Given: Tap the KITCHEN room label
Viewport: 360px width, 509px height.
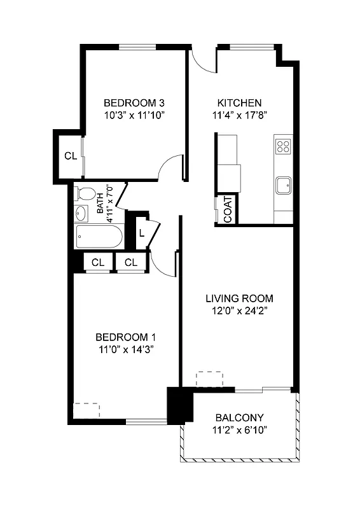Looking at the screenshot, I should click(239, 102).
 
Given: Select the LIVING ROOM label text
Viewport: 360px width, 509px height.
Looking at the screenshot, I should click(239, 298).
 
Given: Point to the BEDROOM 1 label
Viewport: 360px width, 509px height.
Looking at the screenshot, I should click(126, 337).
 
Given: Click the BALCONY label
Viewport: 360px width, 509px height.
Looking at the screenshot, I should click(240, 418).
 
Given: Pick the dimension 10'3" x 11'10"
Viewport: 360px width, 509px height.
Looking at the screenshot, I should click(135, 115).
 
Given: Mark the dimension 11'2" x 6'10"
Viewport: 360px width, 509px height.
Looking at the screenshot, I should click(240, 430).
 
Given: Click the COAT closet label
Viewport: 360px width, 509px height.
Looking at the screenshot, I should click(228, 209).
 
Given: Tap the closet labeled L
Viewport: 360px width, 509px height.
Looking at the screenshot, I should click(141, 233).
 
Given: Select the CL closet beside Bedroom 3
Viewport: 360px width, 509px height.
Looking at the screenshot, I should click(71, 156).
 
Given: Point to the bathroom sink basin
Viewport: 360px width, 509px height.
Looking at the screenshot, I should click(83, 212).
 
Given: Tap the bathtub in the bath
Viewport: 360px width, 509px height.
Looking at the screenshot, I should click(99, 238).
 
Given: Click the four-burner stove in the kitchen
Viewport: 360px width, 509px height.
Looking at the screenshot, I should click(283, 147).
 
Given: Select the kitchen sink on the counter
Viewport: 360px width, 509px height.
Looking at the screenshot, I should click(283, 186).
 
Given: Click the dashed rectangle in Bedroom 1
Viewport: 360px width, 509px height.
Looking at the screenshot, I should click(87, 410).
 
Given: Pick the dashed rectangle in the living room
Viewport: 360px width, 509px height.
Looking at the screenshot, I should click(210, 379).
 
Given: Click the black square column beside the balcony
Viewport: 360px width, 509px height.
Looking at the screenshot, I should click(179, 406).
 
